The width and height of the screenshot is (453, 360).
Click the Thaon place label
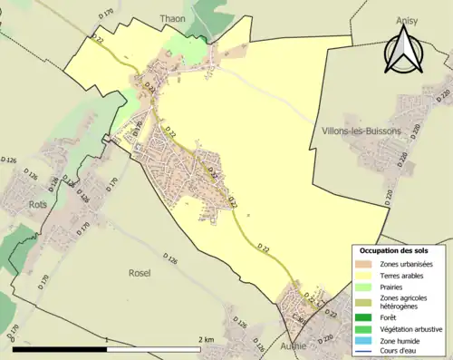pos(172,18)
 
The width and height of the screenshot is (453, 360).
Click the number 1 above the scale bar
pos(107,340)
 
